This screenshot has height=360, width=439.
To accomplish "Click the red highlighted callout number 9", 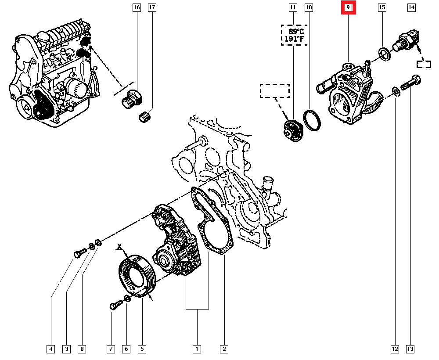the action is click(x=348, y=7).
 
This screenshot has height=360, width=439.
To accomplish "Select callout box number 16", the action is click(x=137, y=7).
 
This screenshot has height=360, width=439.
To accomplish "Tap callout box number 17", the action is click(x=152, y=7).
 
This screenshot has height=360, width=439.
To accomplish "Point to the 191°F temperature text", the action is click(x=294, y=39).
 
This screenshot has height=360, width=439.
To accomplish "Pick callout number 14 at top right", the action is click(x=411, y=7).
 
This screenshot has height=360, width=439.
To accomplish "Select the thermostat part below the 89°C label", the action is click(x=292, y=131).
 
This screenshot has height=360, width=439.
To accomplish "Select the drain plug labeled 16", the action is click(x=132, y=99).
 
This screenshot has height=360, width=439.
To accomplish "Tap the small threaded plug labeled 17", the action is click(x=145, y=117).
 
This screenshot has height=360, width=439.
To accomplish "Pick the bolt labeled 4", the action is click(x=80, y=253).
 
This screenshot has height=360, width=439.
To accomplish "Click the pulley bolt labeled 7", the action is click(x=116, y=305).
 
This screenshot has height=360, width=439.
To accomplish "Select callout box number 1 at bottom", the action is click(x=197, y=349).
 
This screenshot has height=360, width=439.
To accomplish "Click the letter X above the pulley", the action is click(x=120, y=247).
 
